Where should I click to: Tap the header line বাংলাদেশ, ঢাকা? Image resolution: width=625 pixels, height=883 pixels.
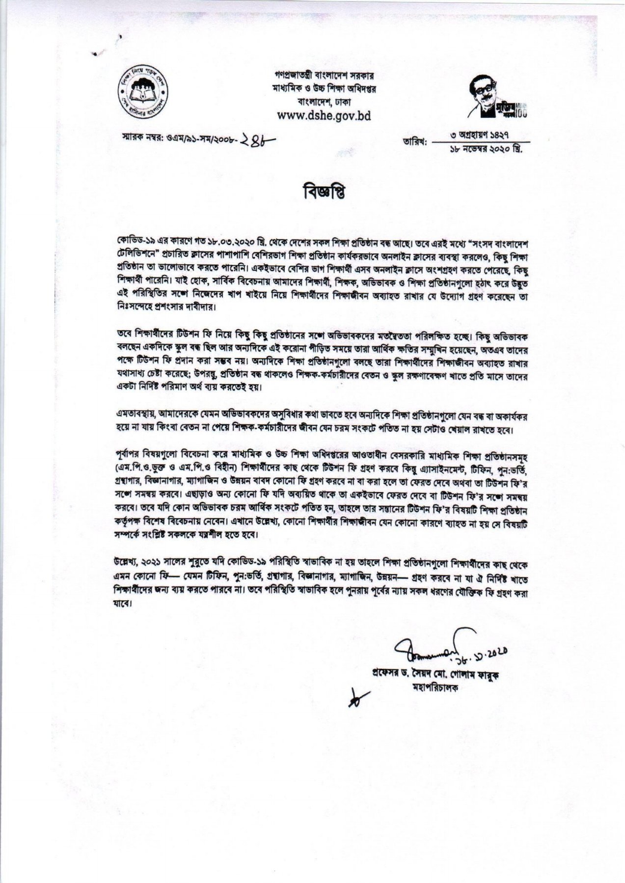[x=324, y=102]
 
